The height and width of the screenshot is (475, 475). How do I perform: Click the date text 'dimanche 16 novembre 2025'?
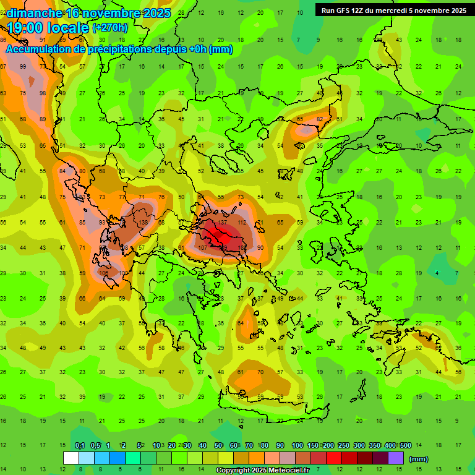coord(83,13)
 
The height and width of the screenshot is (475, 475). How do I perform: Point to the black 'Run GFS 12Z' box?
coord(394,10)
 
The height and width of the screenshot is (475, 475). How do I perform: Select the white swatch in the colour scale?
coord(71,458)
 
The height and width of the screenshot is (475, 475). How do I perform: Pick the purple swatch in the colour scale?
coord(396,458)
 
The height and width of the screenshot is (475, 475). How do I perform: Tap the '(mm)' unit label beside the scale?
coord(419,459)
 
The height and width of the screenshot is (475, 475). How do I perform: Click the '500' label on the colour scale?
coord(406,445)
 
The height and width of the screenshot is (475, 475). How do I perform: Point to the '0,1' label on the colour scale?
coord(80,445)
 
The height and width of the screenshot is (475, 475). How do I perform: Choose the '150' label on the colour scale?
coord(313,445)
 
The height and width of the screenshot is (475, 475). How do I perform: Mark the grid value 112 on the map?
coord(242,222)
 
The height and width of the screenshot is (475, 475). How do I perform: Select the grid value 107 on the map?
coord(202,247)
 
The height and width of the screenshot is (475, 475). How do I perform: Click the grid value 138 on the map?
coord(143,222)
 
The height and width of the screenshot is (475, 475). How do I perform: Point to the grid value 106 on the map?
coord(103,273)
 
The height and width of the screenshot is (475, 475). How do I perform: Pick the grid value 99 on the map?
coord(24,67)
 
